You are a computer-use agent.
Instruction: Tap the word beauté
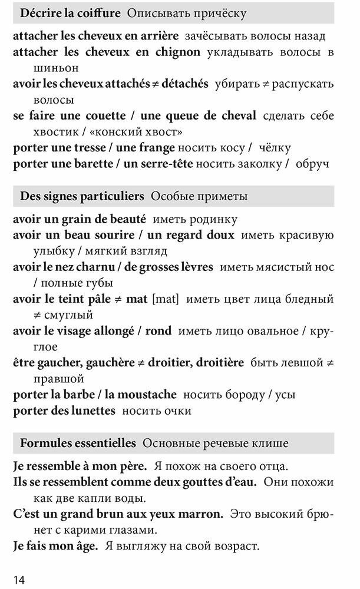(126, 220)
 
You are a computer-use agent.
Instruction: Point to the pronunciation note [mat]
(165, 299)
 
